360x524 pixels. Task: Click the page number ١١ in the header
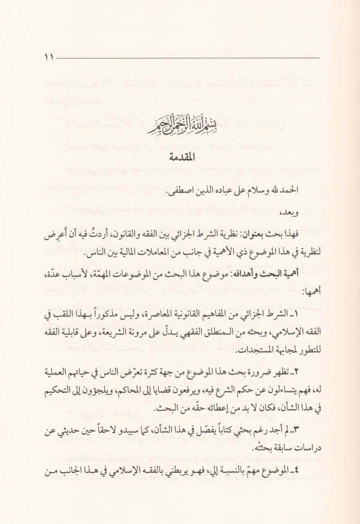pos(49,57)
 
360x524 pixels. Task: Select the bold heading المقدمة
pos(180,157)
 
